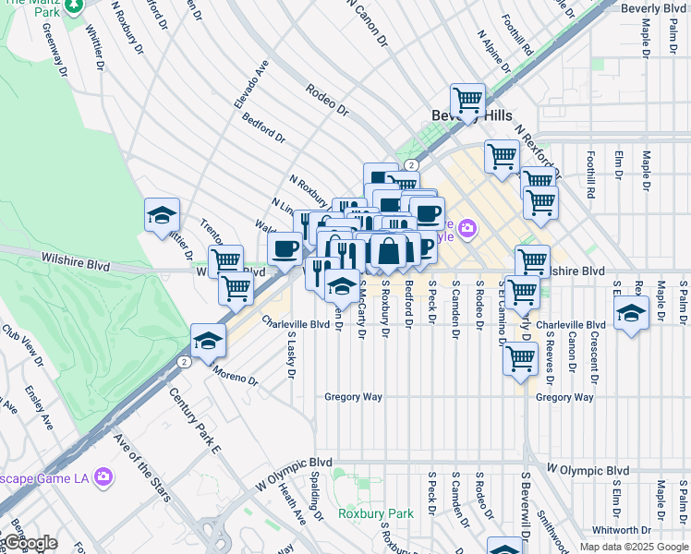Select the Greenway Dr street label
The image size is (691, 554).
[55, 55]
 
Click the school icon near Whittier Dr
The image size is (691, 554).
[162, 216]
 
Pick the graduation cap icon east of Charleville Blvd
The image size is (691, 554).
[631, 312]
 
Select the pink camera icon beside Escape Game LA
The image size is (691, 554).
[103, 477]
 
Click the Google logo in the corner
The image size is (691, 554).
[30, 543]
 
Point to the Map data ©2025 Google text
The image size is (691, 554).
[633, 547]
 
